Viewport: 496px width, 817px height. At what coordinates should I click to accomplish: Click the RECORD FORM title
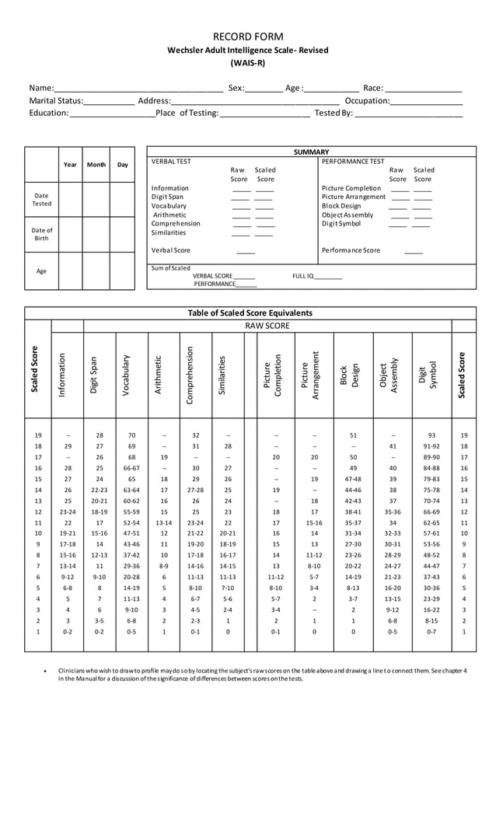pos(248,37)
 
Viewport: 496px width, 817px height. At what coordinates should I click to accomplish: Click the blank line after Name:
pos(139,89)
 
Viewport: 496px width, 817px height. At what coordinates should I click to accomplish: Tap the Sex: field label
pos(236,88)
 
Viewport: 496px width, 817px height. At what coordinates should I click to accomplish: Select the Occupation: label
pos(367,100)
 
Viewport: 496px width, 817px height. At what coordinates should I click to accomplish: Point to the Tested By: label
pos(334,113)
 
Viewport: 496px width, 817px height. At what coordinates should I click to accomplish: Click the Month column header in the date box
pos(96,164)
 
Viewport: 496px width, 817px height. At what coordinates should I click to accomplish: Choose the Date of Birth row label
pos(42,234)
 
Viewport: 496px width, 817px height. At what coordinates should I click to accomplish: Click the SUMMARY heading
pos(311,152)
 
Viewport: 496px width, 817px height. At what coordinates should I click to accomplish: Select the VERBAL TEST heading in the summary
pos(171,161)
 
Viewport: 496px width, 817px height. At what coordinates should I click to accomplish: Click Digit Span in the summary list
pos(167,197)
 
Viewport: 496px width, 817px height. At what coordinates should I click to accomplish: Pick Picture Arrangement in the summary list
pos(353,197)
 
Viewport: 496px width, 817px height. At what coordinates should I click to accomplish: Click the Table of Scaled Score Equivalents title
pos(250,312)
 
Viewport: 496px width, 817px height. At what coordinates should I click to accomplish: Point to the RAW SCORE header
pos(267,326)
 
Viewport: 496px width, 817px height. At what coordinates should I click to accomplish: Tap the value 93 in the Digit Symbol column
pos(431,435)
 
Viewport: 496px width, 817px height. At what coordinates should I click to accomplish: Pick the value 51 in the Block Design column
pos(353,435)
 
